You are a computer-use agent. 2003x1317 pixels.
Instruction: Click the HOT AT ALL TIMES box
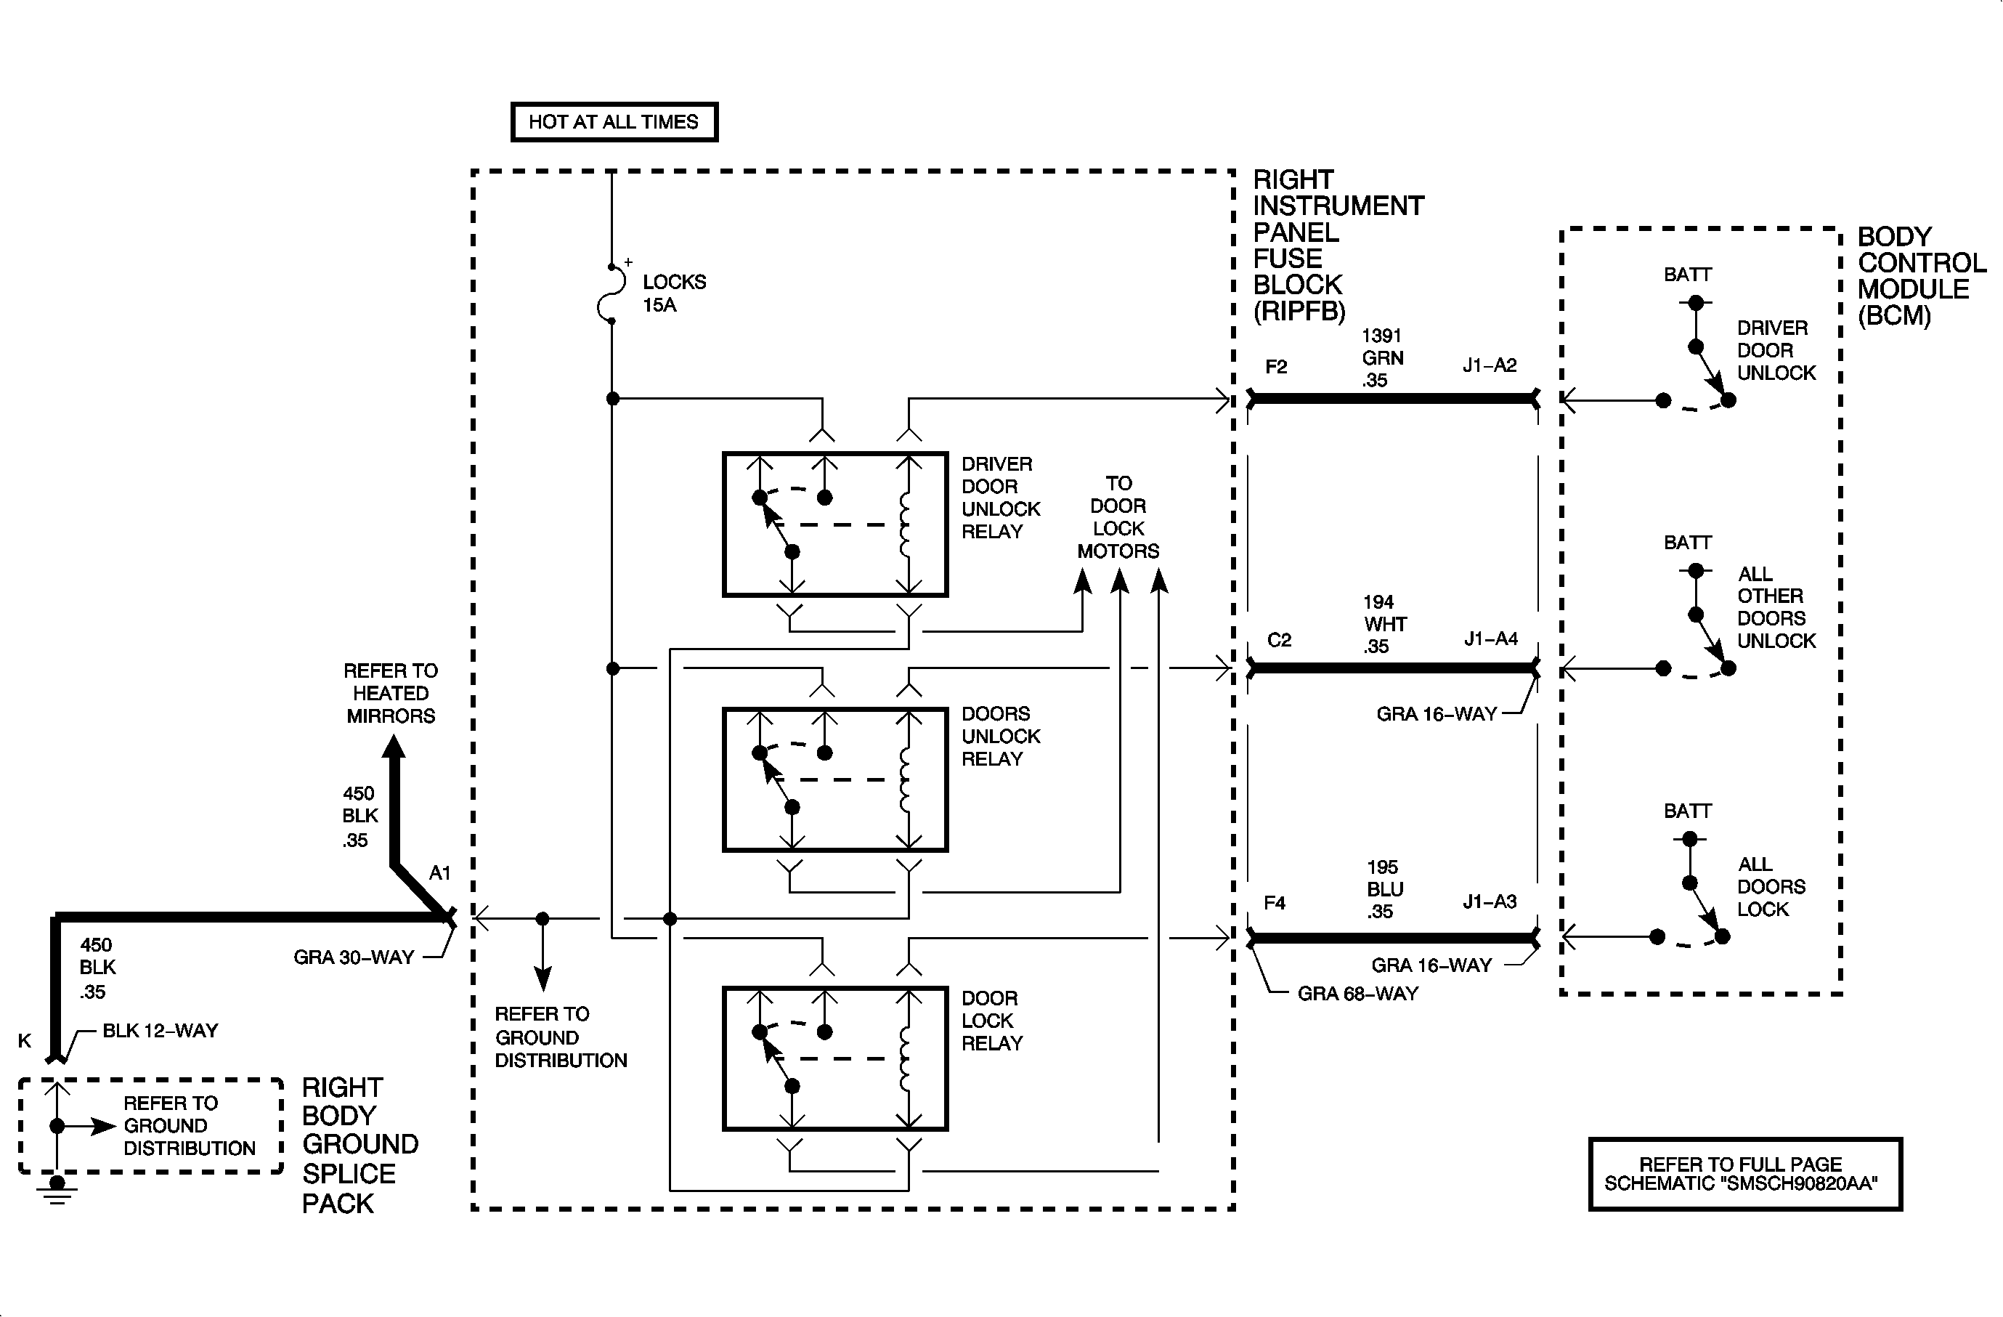point(614,122)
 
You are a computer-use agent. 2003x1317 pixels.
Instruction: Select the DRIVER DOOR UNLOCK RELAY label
point(1001,498)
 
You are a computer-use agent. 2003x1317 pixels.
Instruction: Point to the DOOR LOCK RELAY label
point(991,1020)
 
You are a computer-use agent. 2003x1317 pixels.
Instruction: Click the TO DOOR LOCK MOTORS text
point(1118,516)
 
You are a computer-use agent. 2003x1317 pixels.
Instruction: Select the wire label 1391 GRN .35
point(1383,357)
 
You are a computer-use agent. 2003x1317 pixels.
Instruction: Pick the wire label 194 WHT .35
point(1384,623)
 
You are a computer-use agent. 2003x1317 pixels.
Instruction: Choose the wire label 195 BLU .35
point(1384,888)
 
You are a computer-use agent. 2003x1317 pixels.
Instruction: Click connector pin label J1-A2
point(1490,365)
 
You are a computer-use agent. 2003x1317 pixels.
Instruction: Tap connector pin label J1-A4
point(1490,639)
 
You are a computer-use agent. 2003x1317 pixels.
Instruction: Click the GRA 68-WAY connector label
point(1357,994)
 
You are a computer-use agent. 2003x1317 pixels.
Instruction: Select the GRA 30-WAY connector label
point(354,957)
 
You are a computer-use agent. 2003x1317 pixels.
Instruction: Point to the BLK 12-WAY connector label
point(160,1031)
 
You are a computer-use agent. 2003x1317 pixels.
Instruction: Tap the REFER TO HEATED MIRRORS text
point(391,694)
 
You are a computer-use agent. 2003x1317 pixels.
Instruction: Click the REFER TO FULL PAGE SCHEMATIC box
point(1745,1174)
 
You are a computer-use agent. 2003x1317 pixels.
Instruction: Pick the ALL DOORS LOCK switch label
point(1771,887)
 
